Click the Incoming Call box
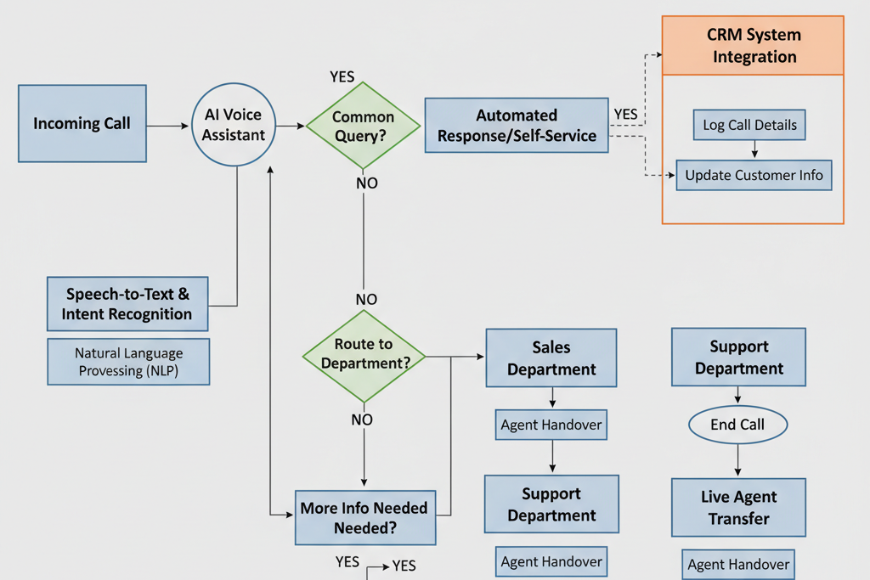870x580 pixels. point(82,123)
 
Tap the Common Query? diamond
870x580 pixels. point(363,126)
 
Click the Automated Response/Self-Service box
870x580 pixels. point(517,125)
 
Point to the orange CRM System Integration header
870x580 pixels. point(753,46)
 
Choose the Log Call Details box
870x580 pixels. point(749,125)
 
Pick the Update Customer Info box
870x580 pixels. point(754,175)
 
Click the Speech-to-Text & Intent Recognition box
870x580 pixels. point(127,304)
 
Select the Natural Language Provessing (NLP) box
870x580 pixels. point(128,361)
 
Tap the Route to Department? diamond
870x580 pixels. point(364,354)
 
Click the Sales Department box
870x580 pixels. point(551,358)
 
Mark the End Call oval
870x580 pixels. point(737,425)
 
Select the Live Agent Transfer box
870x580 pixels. point(738,507)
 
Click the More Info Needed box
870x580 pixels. point(364,517)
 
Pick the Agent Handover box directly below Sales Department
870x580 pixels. point(551,425)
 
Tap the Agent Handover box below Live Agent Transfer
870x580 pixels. point(738,564)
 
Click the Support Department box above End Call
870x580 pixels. point(738,358)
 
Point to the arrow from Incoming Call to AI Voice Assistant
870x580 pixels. point(168,127)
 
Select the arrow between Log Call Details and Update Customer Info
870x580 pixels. point(754,150)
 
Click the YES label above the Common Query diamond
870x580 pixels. point(342,77)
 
